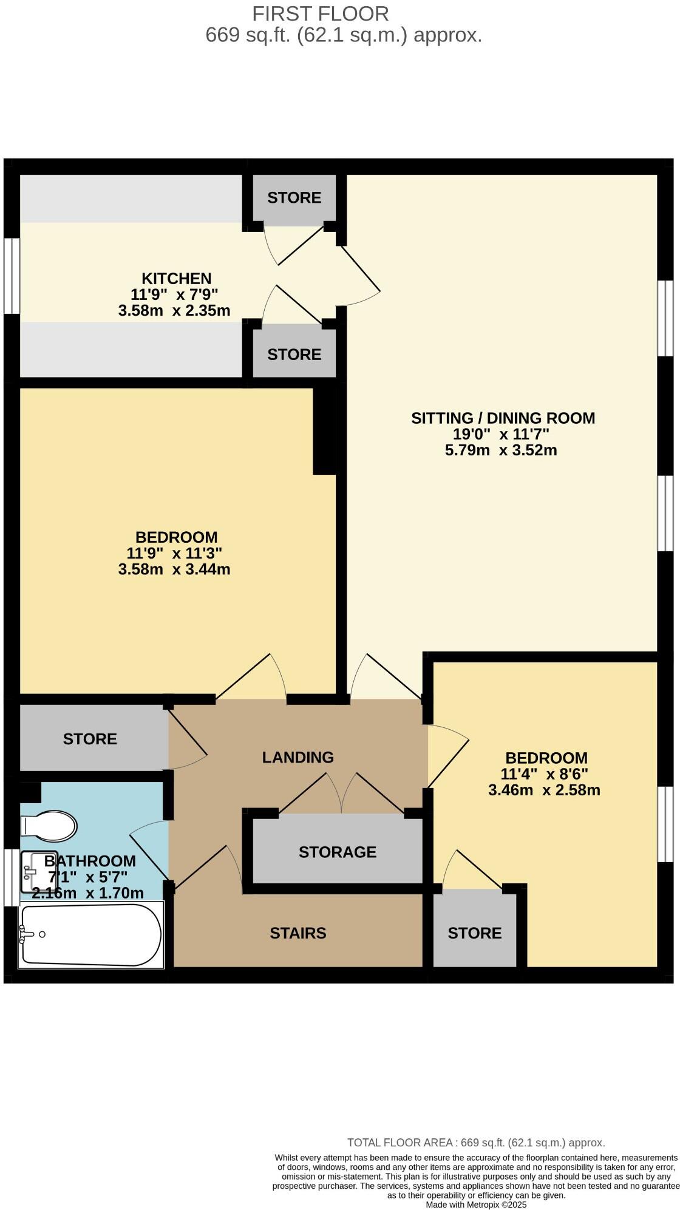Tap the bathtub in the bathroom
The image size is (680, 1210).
point(91,935)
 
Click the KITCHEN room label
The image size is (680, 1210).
point(176,279)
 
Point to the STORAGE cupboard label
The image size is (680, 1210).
point(338,852)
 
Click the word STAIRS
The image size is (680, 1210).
point(298,933)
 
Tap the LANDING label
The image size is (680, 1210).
point(298,757)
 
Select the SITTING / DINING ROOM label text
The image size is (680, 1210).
point(503,418)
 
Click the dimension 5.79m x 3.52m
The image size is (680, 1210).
point(501,450)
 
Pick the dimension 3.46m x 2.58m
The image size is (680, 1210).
point(544,790)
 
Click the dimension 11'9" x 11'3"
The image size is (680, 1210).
point(174,553)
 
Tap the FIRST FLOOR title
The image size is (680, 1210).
point(321,13)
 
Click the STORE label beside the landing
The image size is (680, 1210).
point(90,739)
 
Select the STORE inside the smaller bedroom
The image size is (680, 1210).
point(475,933)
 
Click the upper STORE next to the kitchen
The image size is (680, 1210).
point(294,197)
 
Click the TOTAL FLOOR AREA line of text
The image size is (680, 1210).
point(476,1143)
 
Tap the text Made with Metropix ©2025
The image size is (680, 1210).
point(476,1205)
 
